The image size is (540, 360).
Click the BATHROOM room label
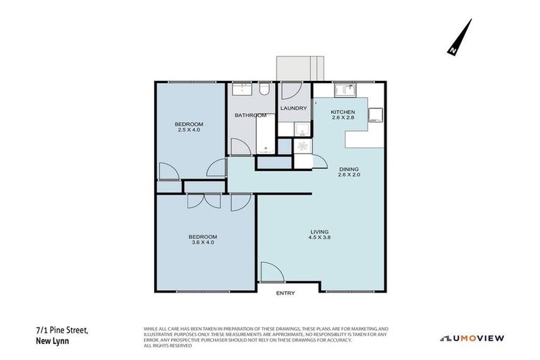(x=250, y=115)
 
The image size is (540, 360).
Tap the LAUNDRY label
(x=293, y=108)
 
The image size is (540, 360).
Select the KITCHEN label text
(x=343, y=112)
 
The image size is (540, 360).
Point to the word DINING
(x=349, y=169)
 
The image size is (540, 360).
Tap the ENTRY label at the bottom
(x=285, y=293)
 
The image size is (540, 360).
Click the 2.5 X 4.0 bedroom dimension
(x=189, y=130)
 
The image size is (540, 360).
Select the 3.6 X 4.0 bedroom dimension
(x=202, y=243)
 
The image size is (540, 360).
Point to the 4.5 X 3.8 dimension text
(x=319, y=238)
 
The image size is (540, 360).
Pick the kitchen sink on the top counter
(x=345, y=89)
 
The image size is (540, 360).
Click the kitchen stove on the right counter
(x=375, y=115)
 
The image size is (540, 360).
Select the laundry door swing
(x=291, y=91)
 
